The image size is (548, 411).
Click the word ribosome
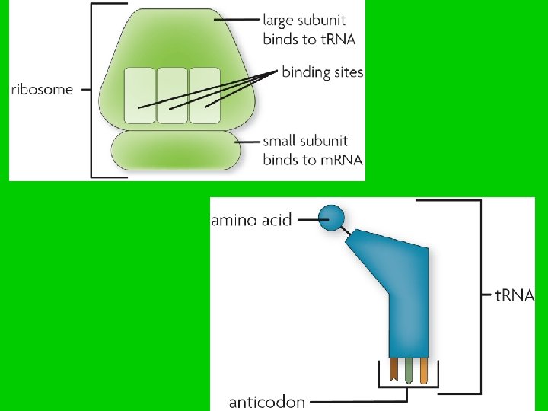click(43, 90)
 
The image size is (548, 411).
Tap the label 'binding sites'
click(323, 73)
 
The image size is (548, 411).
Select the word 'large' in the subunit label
click(279, 21)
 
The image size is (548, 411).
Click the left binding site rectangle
click(139, 95)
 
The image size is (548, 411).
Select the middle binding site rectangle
click(172, 95)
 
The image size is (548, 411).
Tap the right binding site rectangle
click(204, 95)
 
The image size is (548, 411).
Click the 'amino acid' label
click(251, 221)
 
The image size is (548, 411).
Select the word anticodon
click(267, 401)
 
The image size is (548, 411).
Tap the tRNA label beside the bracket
click(515, 295)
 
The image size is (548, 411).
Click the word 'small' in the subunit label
click(281, 141)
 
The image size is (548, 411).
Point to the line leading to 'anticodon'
click(358, 401)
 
